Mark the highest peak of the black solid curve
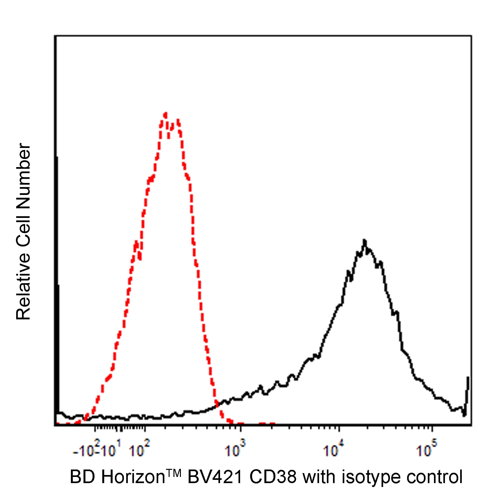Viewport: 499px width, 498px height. point(364,241)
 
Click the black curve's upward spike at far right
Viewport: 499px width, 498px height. point(468,378)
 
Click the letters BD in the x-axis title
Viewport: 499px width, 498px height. point(80,477)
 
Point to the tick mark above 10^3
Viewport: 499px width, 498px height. point(240,429)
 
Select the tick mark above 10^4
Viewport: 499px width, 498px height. point(339,429)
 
